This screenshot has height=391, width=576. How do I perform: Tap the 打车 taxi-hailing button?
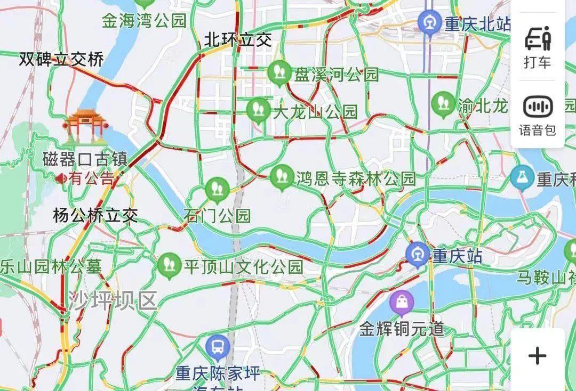click(537, 47)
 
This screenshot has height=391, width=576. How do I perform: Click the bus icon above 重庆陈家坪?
click(218, 347)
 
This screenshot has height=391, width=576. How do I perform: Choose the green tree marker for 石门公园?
click(217, 189)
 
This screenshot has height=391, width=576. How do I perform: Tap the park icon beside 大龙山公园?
click(258, 110)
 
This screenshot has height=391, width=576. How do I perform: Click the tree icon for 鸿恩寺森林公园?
click(282, 177)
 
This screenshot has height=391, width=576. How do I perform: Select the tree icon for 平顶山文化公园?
click(170, 265)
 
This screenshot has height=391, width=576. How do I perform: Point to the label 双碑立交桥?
click(61, 59)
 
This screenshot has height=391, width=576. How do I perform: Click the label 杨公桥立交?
click(95, 216)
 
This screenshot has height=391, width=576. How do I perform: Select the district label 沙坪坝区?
click(113, 302)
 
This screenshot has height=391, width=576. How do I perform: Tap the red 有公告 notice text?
click(92, 178)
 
